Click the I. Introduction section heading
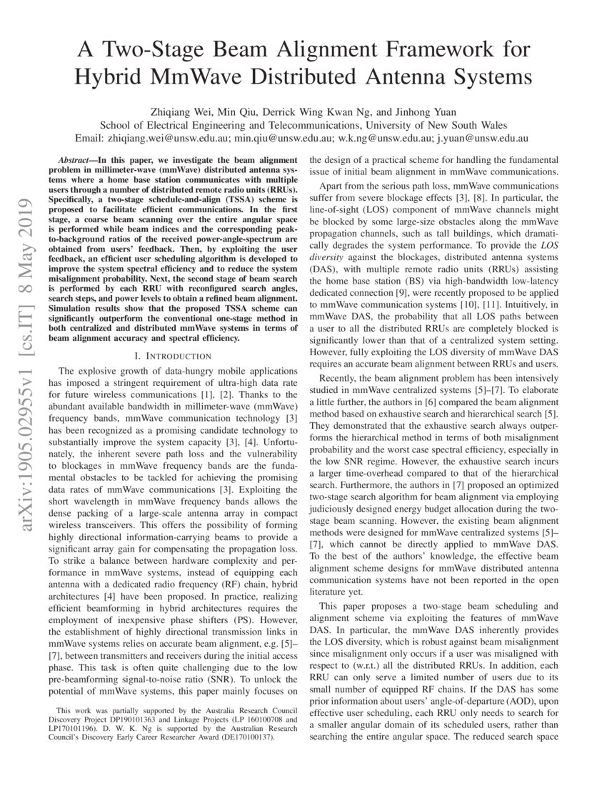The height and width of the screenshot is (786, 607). pyautogui.click(x=173, y=355)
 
